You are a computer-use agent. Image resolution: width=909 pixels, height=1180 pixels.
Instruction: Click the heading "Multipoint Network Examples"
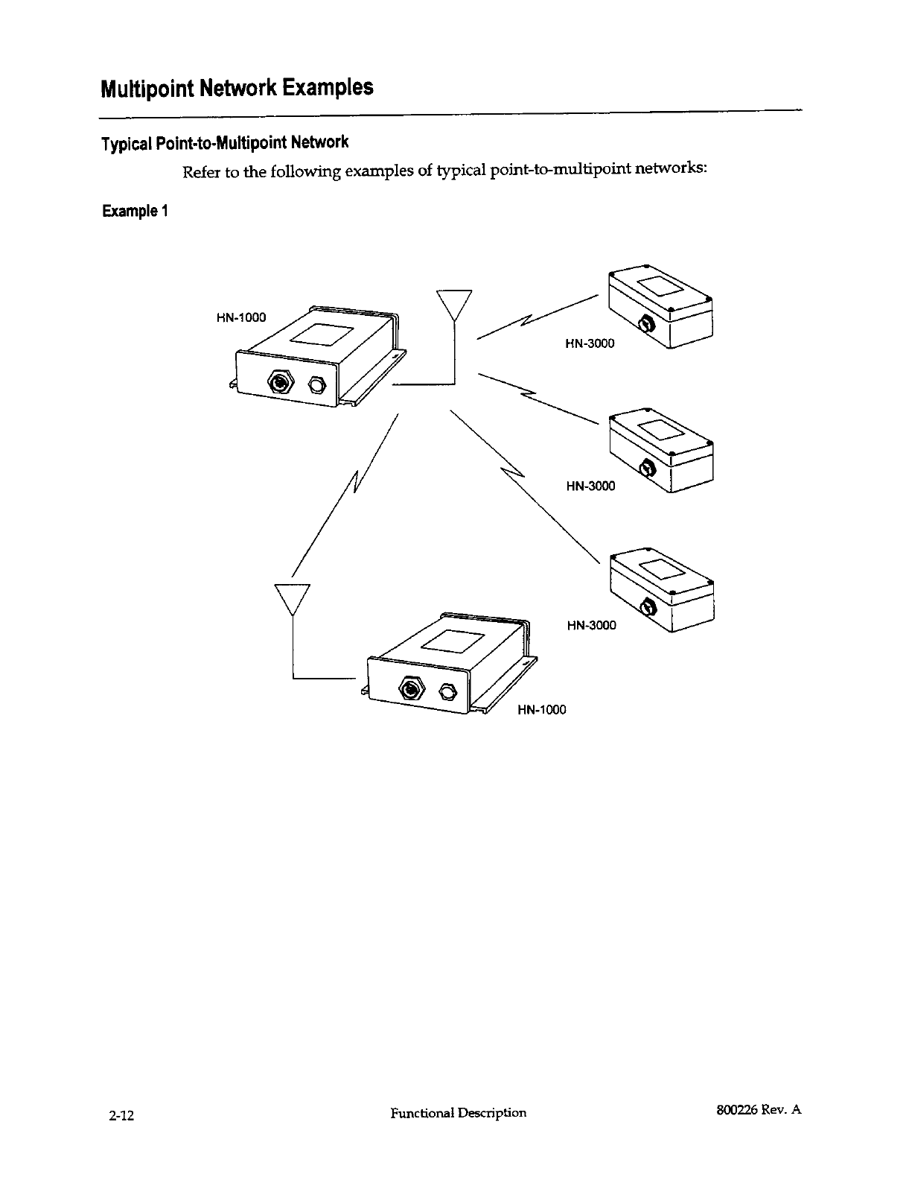click(x=236, y=88)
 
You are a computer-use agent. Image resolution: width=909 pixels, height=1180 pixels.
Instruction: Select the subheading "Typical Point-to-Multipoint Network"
click(x=225, y=142)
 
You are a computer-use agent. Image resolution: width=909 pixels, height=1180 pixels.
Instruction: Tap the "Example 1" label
click(x=135, y=211)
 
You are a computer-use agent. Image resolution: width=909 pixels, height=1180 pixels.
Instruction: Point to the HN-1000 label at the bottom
click(x=541, y=710)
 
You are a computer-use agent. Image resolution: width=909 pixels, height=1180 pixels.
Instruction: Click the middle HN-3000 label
click(x=590, y=486)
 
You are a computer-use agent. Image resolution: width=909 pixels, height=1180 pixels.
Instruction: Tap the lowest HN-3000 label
click(x=591, y=626)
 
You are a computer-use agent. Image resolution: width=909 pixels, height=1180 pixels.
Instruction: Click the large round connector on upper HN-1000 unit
click(x=281, y=384)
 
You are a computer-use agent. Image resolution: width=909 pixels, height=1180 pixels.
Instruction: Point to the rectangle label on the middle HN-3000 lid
click(x=657, y=430)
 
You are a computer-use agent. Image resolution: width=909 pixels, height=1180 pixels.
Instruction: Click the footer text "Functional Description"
click(x=458, y=1113)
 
